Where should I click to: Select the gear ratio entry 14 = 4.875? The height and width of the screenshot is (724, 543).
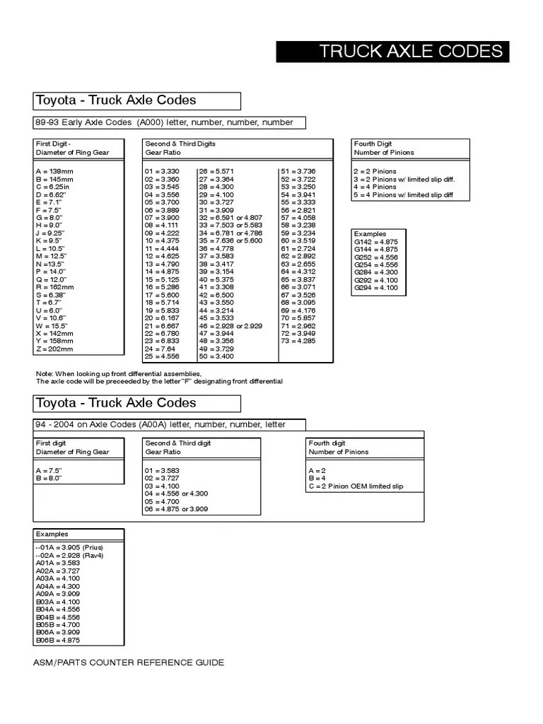tap(162, 271)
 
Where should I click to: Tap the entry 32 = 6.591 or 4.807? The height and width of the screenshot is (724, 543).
tap(230, 218)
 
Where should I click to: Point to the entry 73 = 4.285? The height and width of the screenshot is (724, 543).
tap(298, 341)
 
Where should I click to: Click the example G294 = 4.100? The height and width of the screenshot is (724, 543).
tap(375, 288)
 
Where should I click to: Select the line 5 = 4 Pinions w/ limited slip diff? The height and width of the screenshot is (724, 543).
tap(403, 195)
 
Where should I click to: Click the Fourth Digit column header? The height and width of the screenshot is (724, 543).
tap(384, 148)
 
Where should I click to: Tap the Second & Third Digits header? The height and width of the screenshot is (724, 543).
tap(180, 148)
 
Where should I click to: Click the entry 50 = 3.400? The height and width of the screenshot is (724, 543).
tap(216, 356)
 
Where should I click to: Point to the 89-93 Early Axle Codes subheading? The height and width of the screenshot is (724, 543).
tap(164, 122)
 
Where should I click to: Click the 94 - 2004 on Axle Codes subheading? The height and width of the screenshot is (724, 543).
tap(160, 424)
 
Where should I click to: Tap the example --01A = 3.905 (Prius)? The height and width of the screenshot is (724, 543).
tap(69, 548)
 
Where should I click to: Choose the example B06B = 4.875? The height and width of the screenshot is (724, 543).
tap(58, 640)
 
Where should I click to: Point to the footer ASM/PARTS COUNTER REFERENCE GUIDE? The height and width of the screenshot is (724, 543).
tap(128, 662)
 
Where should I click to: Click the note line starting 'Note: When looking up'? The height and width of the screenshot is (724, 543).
tap(118, 373)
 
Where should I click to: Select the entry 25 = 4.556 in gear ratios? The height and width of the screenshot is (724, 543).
tap(162, 356)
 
